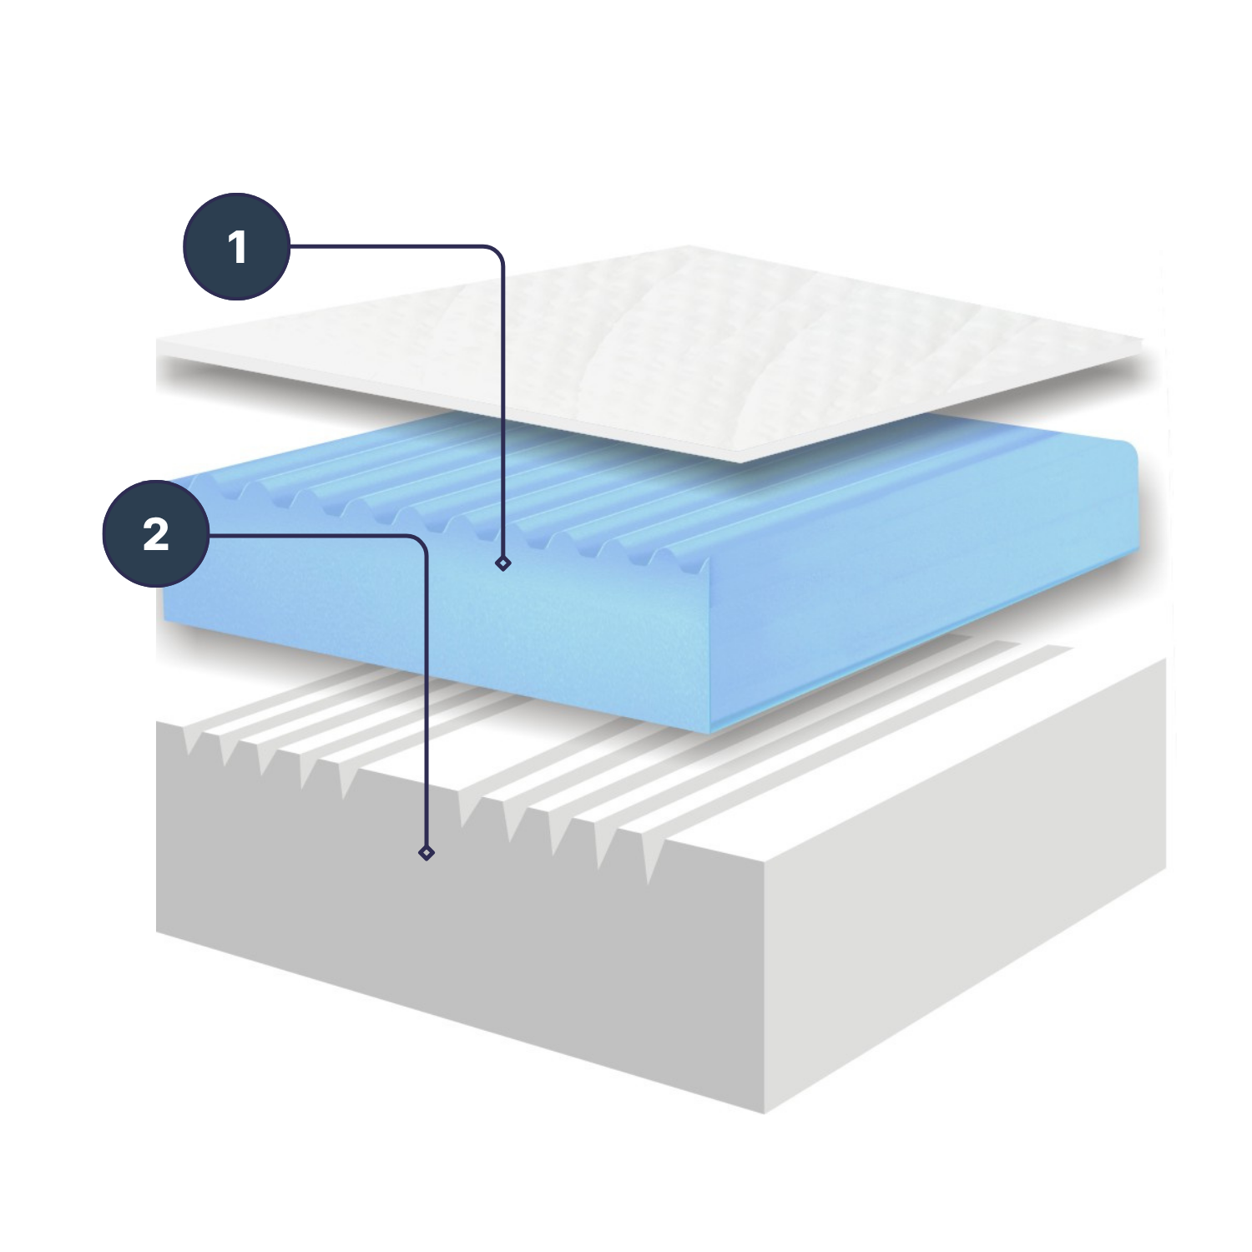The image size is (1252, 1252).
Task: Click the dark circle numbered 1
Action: [x=237, y=247]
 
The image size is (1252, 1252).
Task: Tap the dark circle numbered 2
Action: [x=156, y=534]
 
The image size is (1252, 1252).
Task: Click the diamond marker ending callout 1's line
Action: [x=502, y=563]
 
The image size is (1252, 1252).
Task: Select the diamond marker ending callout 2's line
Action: [x=427, y=852]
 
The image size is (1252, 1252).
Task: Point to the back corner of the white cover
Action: [x=689, y=246]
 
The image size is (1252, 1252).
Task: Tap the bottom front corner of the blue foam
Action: [x=709, y=734]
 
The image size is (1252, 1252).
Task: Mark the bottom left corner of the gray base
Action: [x=157, y=931]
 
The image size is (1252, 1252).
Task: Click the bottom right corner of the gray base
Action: [x=1165, y=868]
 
